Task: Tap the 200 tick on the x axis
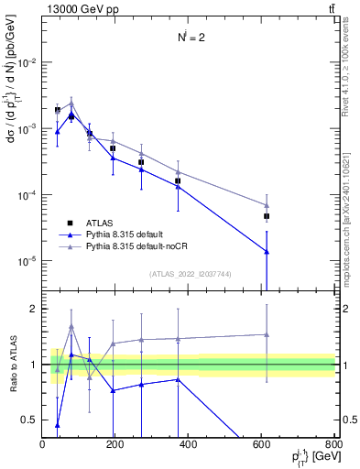coord(115,444)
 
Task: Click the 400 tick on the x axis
coord(189,444)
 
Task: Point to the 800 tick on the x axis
coord(334,444)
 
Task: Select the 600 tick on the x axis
coord(262,444)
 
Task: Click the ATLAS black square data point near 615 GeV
coord(267,216)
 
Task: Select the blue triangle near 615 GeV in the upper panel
coord(267,252)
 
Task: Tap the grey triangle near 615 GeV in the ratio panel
coord(267,334)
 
